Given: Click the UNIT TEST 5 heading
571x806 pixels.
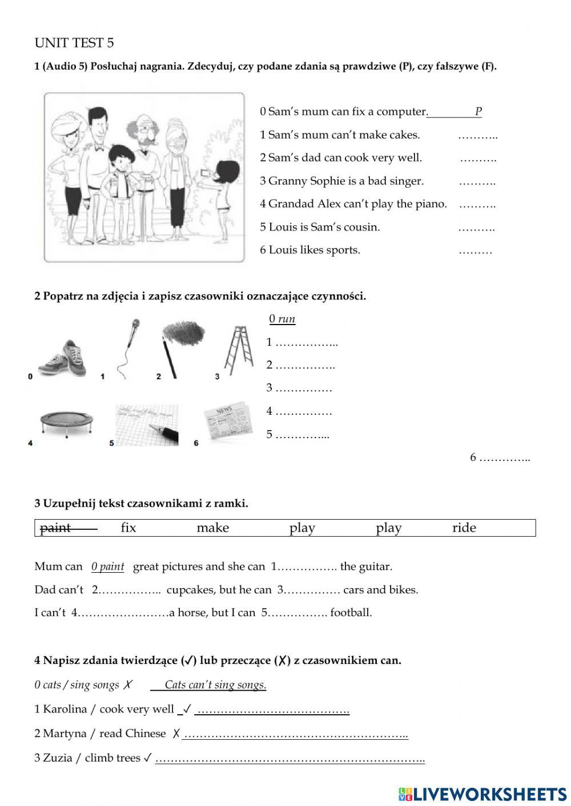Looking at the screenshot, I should (x=74, y=43).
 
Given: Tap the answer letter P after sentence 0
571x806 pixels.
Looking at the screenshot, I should (x=478, y=112).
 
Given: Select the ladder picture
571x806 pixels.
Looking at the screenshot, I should (x=238, y=350).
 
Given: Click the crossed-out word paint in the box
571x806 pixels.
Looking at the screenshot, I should (x=55, y=528).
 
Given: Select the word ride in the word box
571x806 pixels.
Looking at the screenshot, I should (x=464, y=528).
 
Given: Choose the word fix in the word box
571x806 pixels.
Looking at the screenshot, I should (x=128, y=528).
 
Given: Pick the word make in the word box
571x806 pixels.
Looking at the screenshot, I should (x=212, y=528).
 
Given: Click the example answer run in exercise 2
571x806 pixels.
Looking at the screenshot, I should (x=286, y=319).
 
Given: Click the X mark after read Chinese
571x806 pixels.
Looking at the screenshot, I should (x=176, y=734).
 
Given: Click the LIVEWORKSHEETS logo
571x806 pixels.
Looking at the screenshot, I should (x=482, y=793).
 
